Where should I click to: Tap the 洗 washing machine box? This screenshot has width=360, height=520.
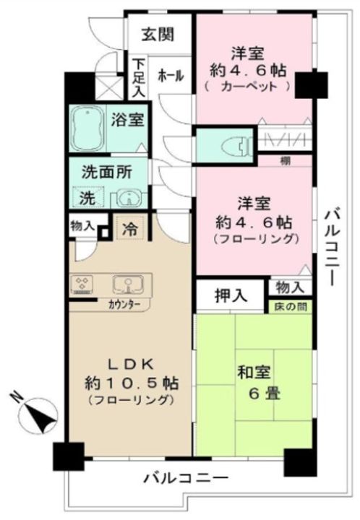[x=87, y=196]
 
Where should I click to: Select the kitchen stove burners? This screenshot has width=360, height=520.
[x=84, y=284]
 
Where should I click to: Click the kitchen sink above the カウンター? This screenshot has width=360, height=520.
[x=127, y=283]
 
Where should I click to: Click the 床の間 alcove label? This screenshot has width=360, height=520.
[x=288, y=307]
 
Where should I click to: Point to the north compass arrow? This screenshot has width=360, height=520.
[x=31, y=415]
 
